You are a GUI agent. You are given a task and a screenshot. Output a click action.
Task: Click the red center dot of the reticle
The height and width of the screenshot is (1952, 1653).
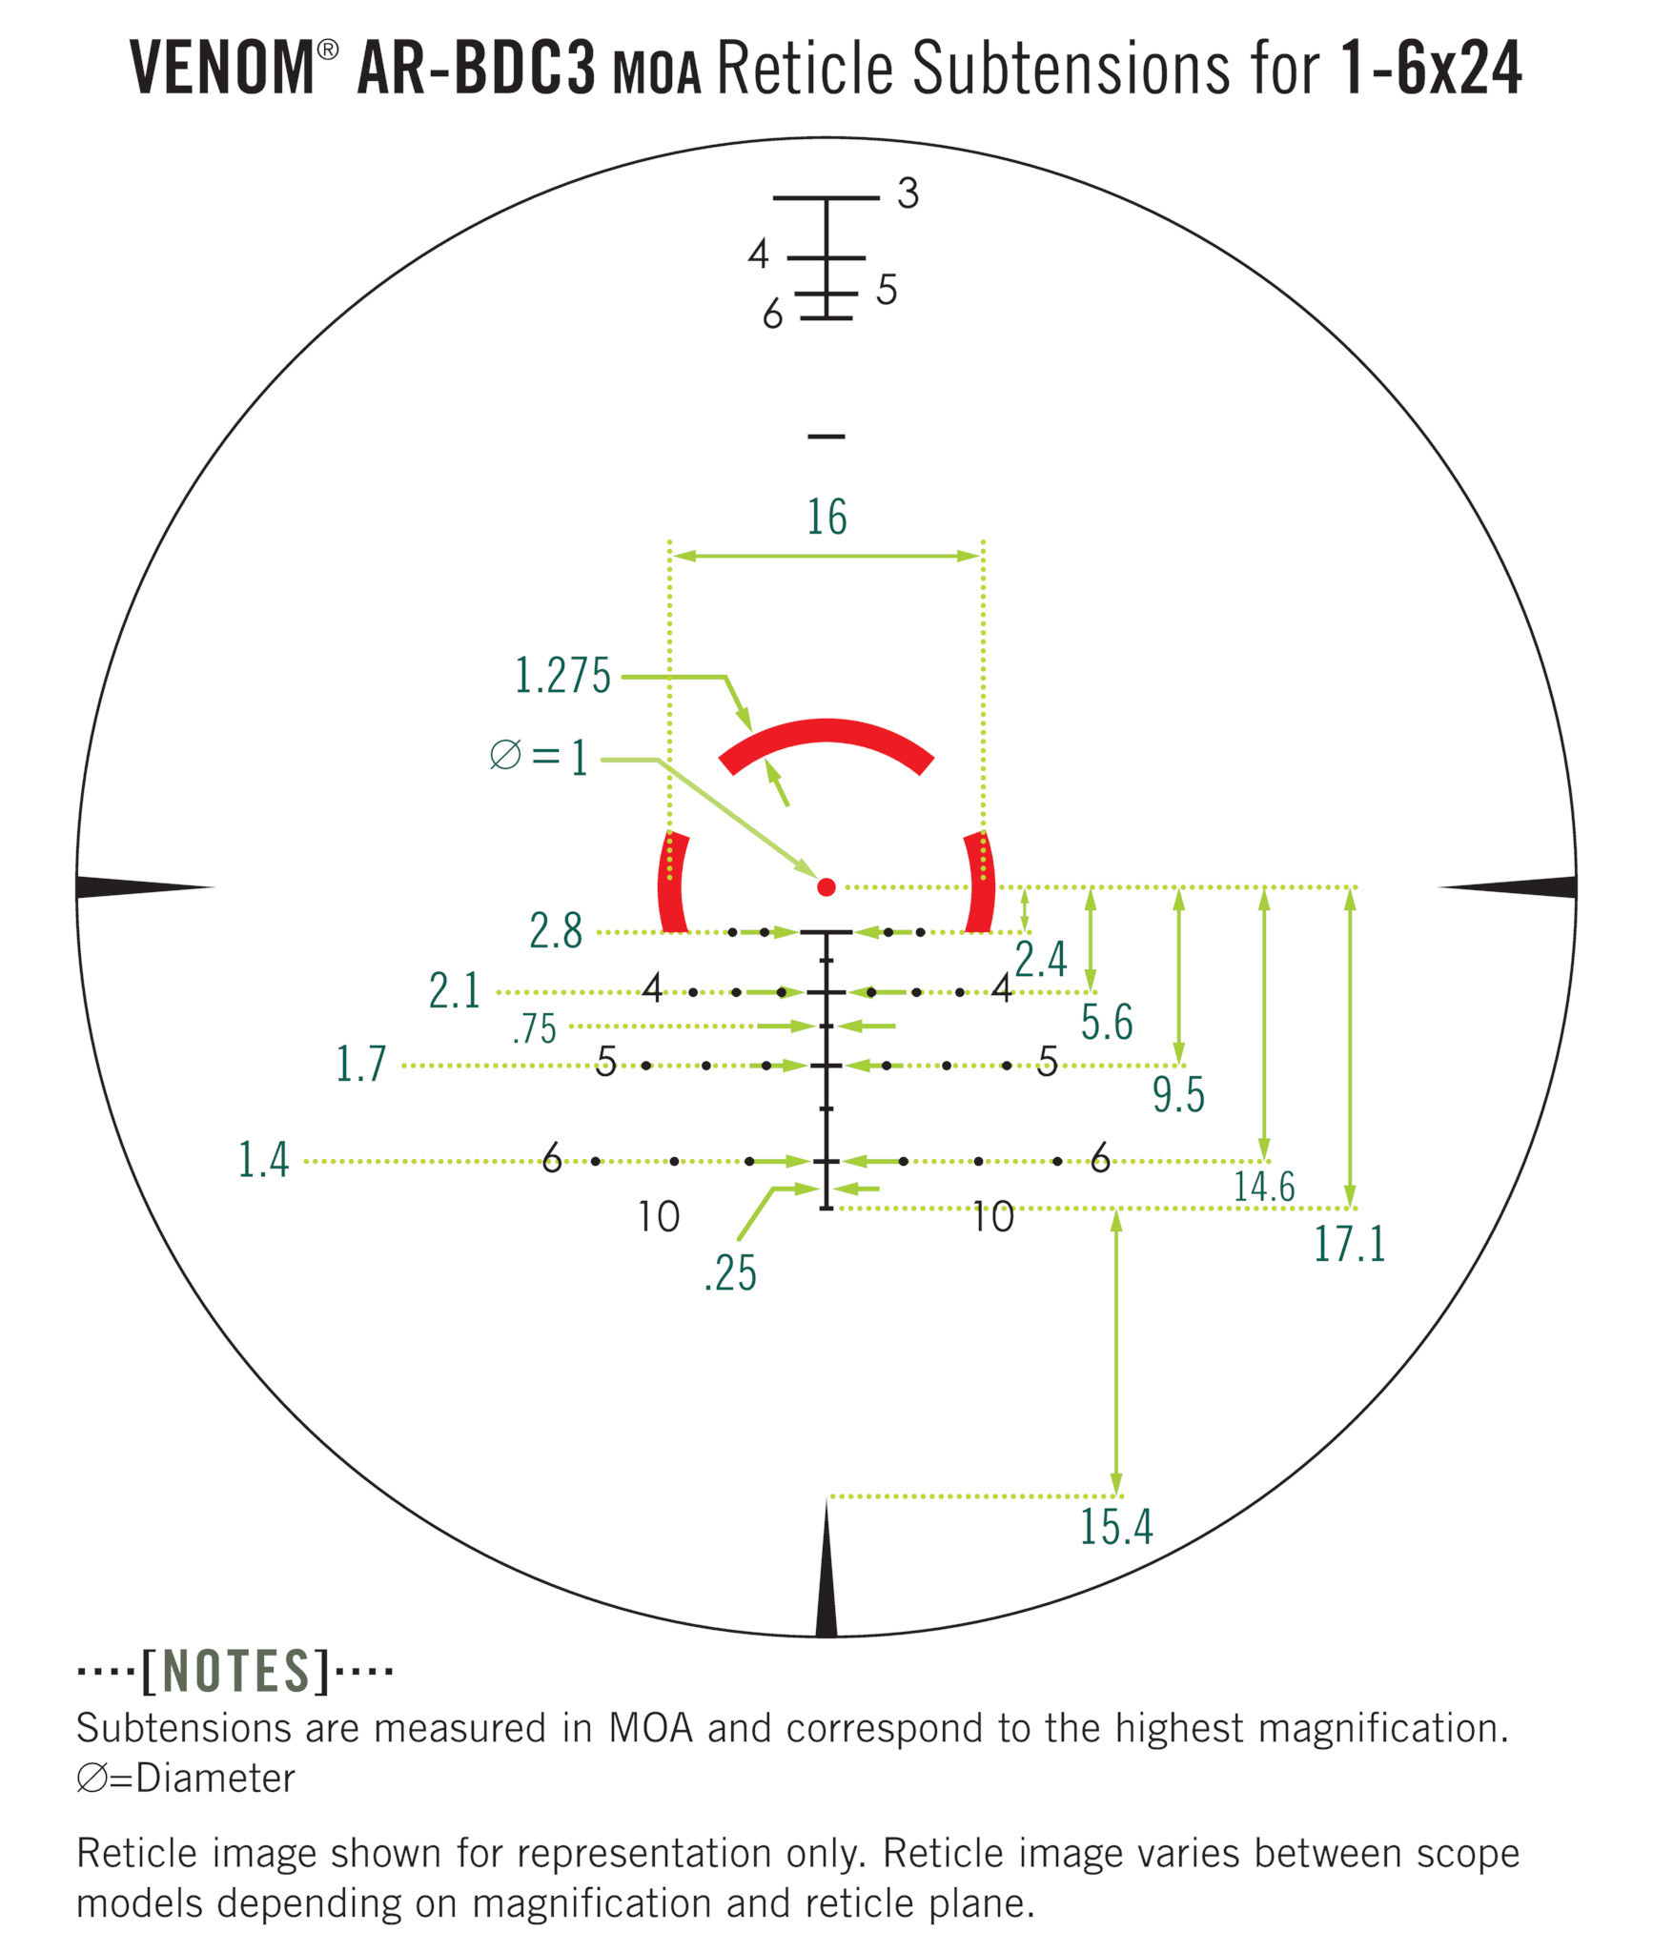[x=826, y=887]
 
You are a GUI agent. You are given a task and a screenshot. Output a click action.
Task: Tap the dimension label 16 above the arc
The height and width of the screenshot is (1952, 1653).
[x=826, y=518]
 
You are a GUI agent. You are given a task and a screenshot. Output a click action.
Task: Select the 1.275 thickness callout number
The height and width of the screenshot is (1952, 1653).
[x=562, y=676]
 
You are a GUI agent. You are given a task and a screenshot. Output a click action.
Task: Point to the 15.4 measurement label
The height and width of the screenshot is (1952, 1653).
[x=1116, y=1527]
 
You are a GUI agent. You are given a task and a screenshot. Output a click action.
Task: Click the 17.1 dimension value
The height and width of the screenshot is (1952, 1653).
[x=1350, y=1244]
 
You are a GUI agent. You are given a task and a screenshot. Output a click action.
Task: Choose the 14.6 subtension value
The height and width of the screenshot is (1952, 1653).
[x=1265, y=1187]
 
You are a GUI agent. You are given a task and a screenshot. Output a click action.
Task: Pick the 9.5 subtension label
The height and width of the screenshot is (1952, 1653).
[x=1178, y=1095]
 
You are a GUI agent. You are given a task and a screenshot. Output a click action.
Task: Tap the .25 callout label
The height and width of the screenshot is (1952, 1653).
[x=730, y=1273]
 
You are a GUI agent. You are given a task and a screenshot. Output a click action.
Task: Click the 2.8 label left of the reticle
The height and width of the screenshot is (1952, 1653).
[x=556, y=931]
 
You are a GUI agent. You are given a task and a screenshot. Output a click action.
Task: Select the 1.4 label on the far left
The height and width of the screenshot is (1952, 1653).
[x=263, y=1160]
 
